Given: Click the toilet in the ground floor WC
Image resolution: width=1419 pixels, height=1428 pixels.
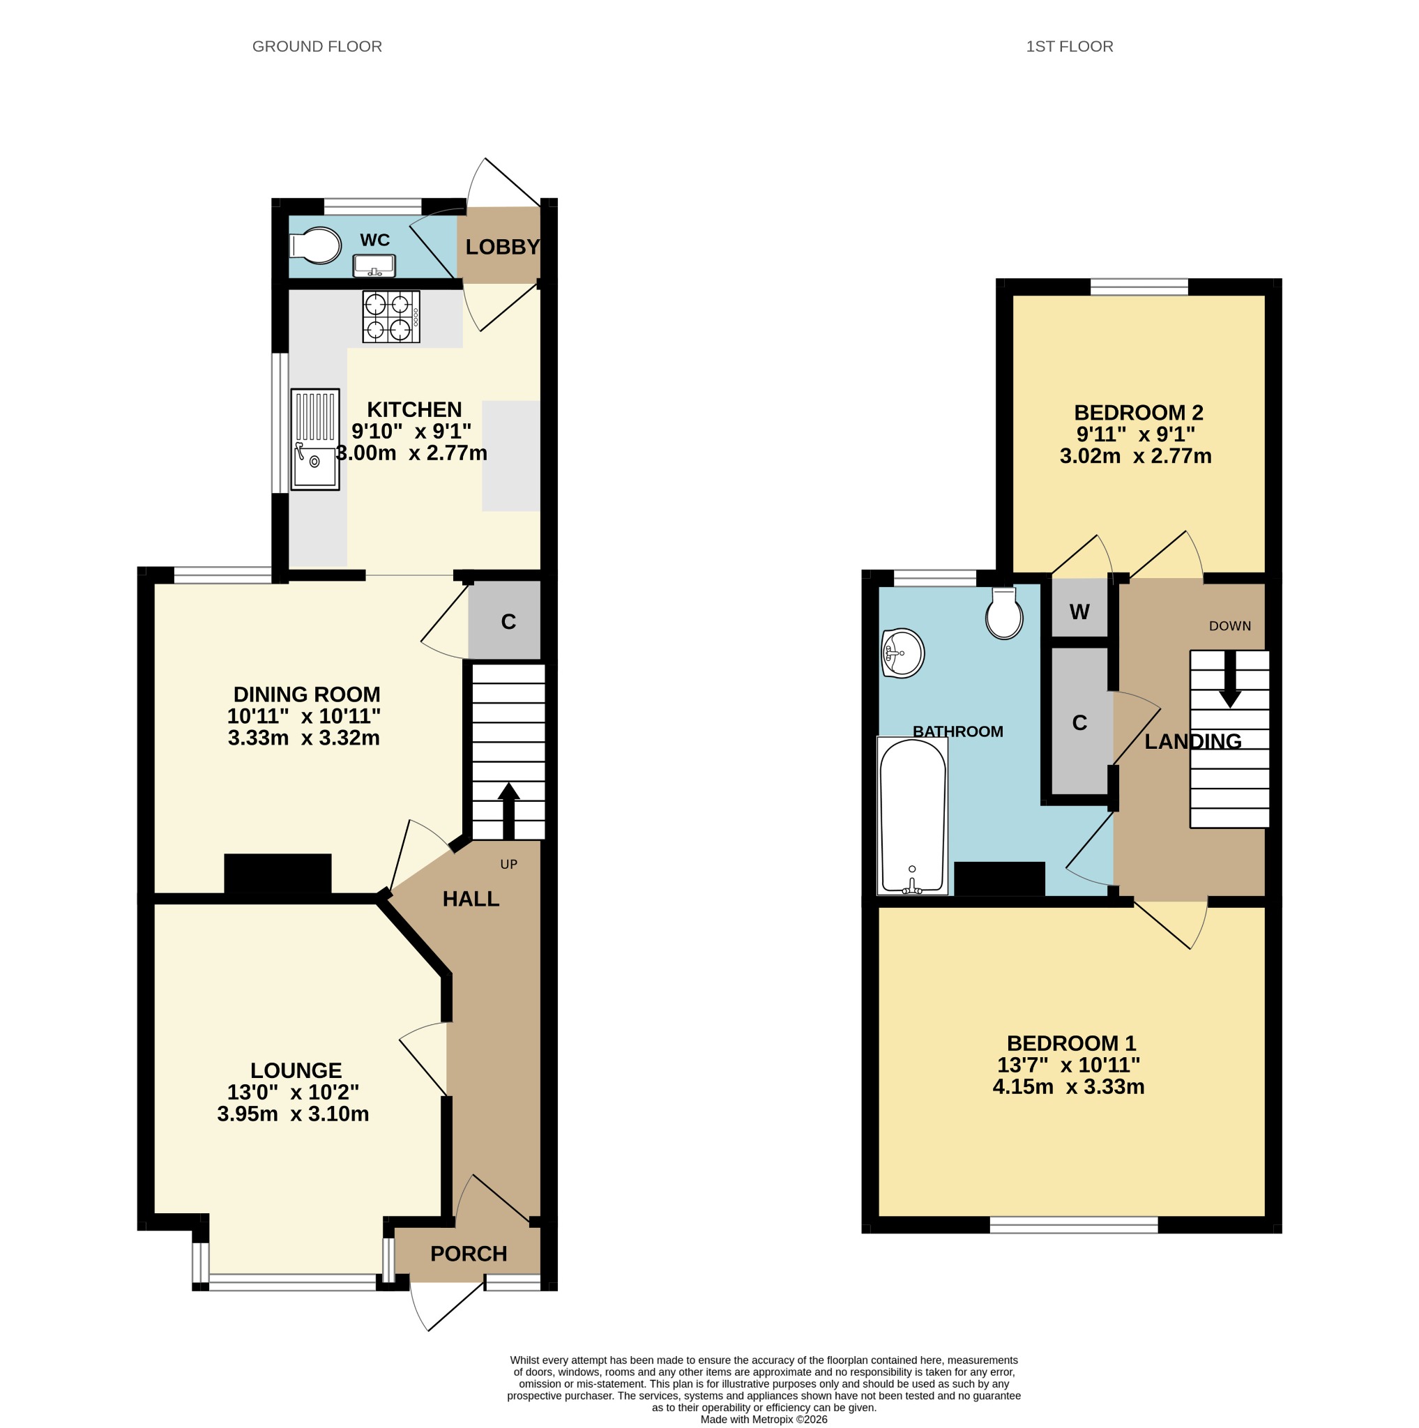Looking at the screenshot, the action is coord(316,245).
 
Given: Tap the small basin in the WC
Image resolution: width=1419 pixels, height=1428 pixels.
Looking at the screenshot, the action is coord(374,266).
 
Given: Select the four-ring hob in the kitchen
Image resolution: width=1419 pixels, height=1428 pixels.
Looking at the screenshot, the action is coord(391,317).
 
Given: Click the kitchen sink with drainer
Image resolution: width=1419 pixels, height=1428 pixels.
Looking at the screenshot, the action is coord(315,439).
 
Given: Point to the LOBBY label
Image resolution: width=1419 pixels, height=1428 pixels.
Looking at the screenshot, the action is coord(503,247).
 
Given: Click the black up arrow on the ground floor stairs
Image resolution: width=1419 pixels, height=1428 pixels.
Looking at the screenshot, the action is coord(508,811).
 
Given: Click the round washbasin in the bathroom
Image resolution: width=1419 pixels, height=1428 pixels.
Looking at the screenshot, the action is coord(902,653).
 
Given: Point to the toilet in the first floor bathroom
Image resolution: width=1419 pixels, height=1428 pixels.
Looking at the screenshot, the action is coord(1004,614).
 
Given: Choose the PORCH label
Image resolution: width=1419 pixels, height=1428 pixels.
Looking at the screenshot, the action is coord(469,1254).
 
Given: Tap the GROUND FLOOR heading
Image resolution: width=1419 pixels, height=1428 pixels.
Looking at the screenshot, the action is coord(317,47).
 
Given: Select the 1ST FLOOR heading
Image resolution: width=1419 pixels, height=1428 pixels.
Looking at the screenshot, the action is coord(1070,47).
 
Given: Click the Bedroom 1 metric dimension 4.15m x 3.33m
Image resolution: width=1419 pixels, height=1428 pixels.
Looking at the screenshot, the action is coord(1069,1086).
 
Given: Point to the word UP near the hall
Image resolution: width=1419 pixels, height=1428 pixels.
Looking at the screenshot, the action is coord(508,864).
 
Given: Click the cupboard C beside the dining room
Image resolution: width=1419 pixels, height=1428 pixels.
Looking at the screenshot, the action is coord(505,620).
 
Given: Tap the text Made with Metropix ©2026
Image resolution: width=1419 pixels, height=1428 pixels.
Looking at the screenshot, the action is coord(764,1419).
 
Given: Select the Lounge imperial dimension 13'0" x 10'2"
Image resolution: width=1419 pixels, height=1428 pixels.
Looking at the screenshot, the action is coord(294,1092).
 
